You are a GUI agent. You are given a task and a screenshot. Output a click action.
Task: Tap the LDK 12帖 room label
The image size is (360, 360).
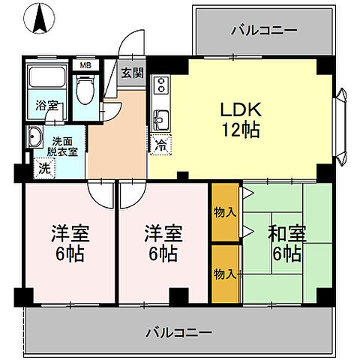click(239, 119)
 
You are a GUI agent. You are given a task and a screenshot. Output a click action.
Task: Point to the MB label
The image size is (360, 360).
click(85, 65)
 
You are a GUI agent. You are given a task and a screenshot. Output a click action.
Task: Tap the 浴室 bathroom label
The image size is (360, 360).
click(46, 106)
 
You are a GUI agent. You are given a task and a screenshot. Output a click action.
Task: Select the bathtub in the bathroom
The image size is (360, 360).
click(45, 82)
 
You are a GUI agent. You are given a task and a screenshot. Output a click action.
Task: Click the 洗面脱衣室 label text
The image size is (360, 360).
click(65, 145)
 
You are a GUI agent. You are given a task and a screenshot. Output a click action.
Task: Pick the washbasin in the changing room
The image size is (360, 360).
click(35, 138)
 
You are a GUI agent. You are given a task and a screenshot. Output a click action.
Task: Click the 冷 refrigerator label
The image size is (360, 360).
click(160, 145)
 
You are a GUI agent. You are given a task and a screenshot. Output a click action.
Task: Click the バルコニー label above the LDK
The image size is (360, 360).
click(263, 31)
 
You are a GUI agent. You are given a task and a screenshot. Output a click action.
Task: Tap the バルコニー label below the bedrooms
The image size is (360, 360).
click(178, 331)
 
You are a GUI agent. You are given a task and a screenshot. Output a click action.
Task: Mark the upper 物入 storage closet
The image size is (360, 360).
click(223, 212)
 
